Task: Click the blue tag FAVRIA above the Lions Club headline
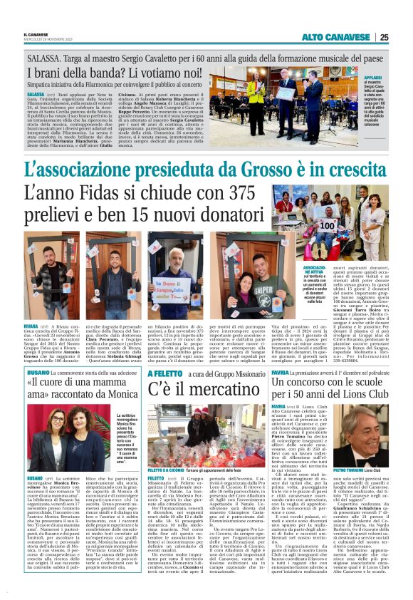280,371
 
